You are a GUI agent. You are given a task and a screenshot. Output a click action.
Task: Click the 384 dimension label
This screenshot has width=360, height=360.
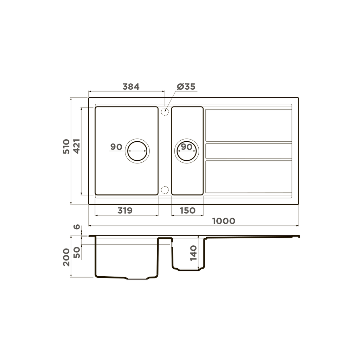[x=131, y=86]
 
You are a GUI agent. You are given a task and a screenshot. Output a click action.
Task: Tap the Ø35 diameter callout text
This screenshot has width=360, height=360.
[x=186, y=86]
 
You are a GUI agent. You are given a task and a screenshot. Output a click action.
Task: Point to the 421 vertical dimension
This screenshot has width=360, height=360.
[x=77, y=146]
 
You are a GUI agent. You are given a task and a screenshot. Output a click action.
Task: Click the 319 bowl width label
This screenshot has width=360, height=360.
[x=125, y=211]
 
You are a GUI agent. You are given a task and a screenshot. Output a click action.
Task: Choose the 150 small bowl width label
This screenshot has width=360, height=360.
[x=187, y=211]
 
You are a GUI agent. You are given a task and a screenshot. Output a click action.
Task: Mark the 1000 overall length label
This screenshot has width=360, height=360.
[x=224, y=221]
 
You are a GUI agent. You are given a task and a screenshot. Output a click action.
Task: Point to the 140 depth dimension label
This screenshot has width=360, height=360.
[x=194, y=253]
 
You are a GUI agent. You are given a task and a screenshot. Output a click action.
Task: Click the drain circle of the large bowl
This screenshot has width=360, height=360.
[x=137, y=151]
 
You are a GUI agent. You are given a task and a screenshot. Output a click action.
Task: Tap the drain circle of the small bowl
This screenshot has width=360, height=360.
[x=187, y=151]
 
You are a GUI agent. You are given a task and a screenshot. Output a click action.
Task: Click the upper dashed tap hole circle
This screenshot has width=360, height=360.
[x=165, y=112]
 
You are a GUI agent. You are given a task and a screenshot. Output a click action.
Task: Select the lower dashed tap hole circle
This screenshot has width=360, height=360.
[x=165, y=190]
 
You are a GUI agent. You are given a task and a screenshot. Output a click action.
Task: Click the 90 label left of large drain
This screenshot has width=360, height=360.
[x=116, y=147]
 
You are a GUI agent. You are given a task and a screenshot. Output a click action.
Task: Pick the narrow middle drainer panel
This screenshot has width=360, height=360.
[x=249, y=151]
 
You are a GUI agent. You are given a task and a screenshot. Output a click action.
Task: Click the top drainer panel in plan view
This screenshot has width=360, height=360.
[x=249, y=126]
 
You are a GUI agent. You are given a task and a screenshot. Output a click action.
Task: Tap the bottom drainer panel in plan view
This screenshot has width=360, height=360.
[x=249, y=176]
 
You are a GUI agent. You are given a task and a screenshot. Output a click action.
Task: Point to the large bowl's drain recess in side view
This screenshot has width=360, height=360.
[x=137, y=278]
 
